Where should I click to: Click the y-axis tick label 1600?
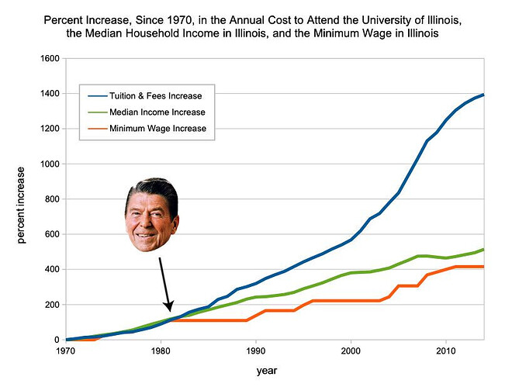coord(48,59)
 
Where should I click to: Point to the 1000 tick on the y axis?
coord(48,164)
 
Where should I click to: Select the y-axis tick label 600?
coord(51,234)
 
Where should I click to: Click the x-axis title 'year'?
coord(268,371)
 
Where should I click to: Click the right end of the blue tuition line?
coord(484,95)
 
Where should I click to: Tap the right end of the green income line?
coord(484,250)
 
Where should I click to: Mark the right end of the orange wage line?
coord(484,267)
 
